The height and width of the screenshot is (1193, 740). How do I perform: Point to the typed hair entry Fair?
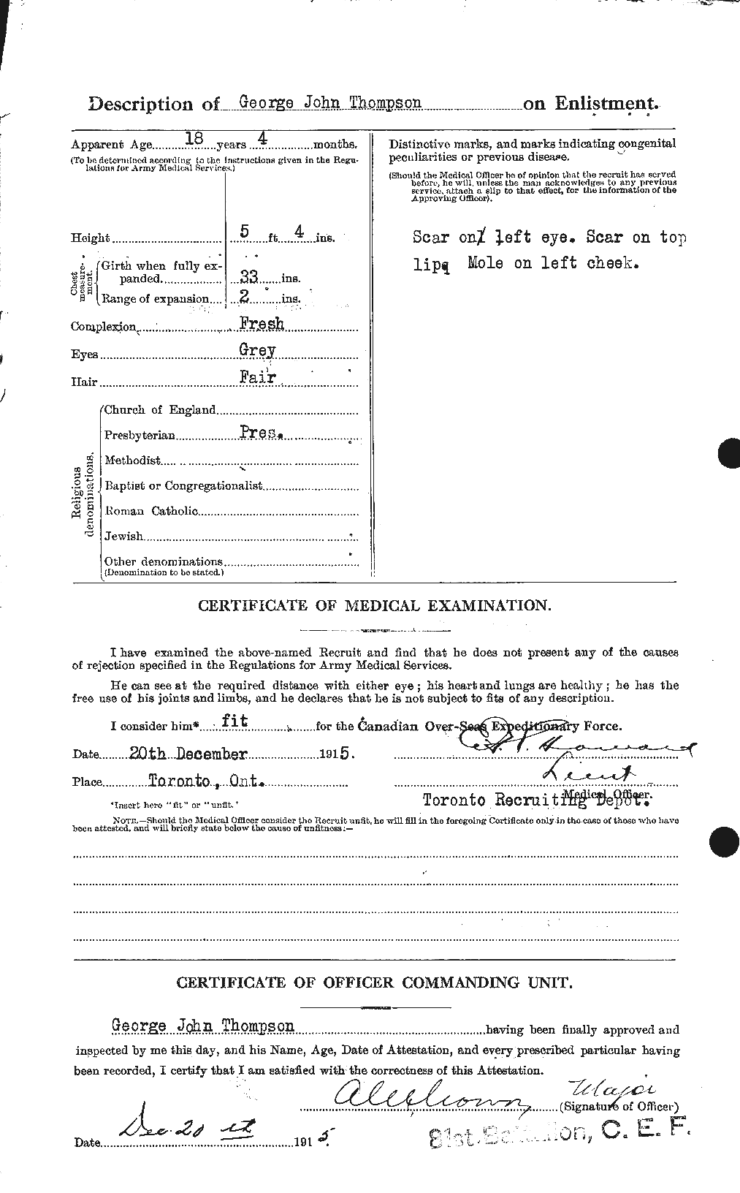coord(257,376)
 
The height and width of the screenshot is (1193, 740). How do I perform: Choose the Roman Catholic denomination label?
coord(151,511)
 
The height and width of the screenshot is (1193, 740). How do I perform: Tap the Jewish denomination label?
coord(124,537)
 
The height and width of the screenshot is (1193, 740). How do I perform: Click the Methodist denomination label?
coord(132,461)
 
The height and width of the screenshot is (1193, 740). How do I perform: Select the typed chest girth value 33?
coord(249,278)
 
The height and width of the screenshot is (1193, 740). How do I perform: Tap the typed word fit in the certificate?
coord(234,721)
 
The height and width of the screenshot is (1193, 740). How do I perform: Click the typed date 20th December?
coord(198,754)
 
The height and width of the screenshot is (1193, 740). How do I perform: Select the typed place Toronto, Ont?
coord(204,781)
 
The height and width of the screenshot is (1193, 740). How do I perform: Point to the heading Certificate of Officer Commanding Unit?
coord(373,982)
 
